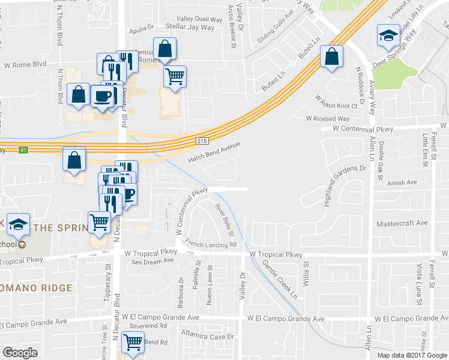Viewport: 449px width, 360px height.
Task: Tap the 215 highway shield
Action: click(x=201, y=140)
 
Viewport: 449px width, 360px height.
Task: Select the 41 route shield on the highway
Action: click(x=23, y=149)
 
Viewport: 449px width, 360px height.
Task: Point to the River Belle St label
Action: click(x=224, y=218)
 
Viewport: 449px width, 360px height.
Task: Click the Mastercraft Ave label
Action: click(x=402, y=223)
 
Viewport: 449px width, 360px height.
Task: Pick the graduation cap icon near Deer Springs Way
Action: click(x=388, y=35)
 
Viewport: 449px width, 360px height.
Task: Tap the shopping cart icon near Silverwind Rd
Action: click(x=133, y=343)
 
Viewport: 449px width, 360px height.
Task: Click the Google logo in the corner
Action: click(x=20, y=353)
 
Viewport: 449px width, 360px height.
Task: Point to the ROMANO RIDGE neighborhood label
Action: click(x=36, y=288)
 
